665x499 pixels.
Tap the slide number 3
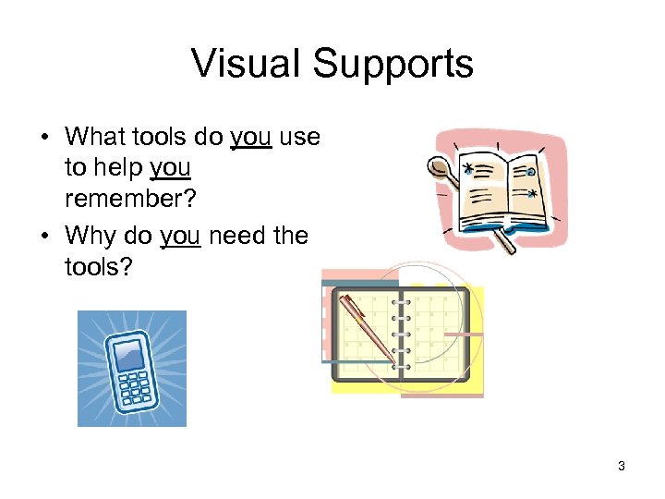pyautogui.click(x=622, y=466)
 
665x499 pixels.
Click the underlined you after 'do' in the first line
pyautogui.click(x=250, y=137)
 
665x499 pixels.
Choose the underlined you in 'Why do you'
pyautogui.click(x=180, y=236)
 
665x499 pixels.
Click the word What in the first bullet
pyautogui.click(x=93, y=137)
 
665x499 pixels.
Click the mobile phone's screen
pyautogui.click(x=128, y=354)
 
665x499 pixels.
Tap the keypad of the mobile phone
pyautogui.click(x=137, y=387)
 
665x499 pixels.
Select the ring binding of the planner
pyautogui.click(x=402, y=333)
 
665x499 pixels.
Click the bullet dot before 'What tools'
pyautogui.click(x=44, y=138)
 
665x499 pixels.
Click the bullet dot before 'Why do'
pyautogui.click(x=44, y=237)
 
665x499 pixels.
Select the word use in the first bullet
pyautogui.click(x=299, y=137)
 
